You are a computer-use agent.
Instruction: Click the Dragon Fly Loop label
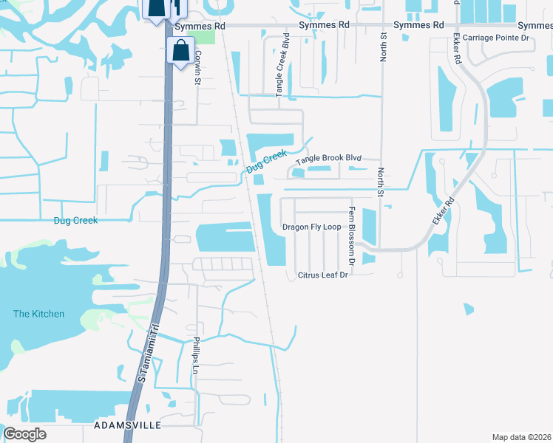(311, 227)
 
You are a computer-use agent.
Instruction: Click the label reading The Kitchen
(38, 314)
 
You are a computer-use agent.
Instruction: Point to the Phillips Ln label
(196, 355)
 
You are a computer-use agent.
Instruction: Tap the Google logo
(24, 433)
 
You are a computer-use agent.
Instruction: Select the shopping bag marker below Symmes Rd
(180, 52)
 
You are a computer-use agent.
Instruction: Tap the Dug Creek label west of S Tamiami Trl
(75, 220)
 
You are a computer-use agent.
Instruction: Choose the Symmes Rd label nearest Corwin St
(200, 26)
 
